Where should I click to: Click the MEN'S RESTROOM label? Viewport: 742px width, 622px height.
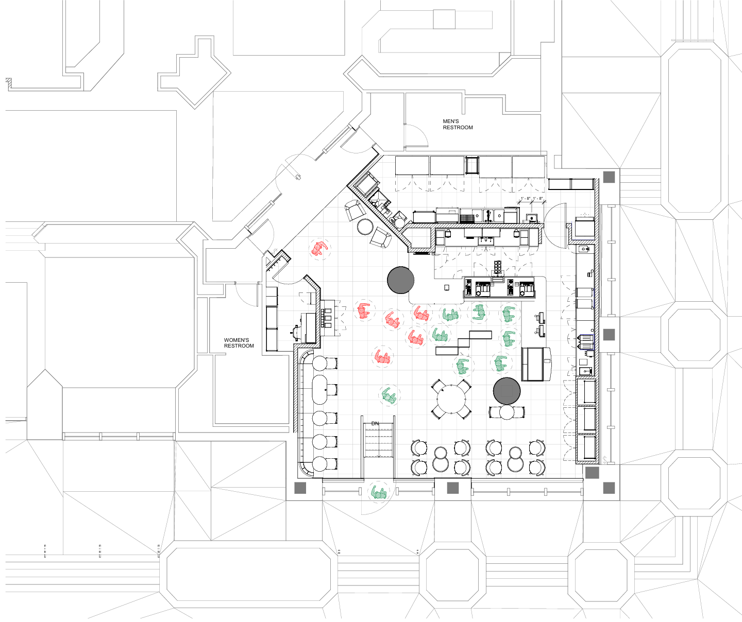[458, 125]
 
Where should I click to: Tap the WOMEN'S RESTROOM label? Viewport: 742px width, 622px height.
[239, 343]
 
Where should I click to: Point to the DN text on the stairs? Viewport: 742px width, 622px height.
[375, 424]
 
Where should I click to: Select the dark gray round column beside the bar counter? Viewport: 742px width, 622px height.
[400, 280]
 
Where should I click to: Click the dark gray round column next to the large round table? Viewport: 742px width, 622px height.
[507, 391]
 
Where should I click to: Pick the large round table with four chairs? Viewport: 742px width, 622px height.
[451, 399]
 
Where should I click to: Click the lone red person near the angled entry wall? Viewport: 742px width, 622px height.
[319, 249]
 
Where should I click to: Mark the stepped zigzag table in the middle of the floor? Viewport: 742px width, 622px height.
[463, 343]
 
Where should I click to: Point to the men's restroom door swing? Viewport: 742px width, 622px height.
[416, 135]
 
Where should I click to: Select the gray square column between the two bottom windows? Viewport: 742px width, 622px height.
[452, 488]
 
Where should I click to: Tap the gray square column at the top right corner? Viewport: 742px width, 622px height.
[609, 177]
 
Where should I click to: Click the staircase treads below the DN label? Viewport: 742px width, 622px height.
[379, 442]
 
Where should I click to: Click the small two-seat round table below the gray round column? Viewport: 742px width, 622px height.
[507, 412]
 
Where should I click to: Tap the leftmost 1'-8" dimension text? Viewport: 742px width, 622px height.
[525, 198]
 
